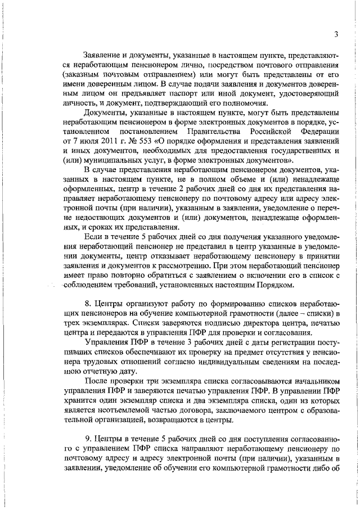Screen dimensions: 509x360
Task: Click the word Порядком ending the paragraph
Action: point(259,272)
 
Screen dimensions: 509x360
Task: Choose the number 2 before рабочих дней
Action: point(173,191)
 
